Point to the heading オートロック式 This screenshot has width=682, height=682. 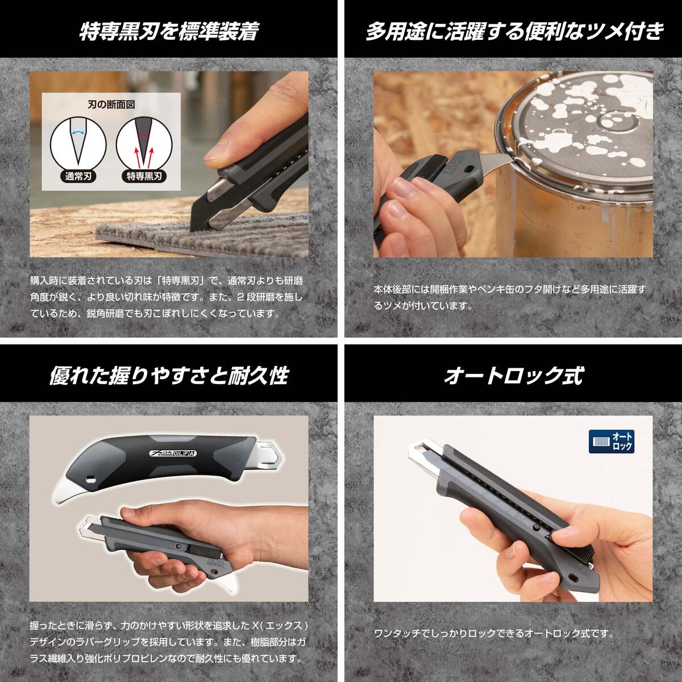point(514,376)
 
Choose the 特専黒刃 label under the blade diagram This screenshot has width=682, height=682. point(142,176)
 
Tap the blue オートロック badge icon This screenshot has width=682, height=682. point(612,442)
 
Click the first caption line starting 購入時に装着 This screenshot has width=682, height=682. point(167,281)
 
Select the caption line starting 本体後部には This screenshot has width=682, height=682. point(510,289)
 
